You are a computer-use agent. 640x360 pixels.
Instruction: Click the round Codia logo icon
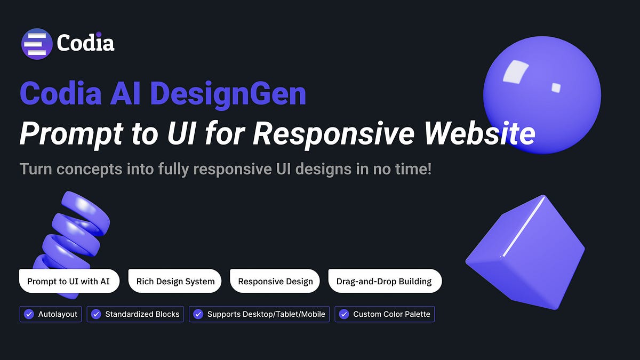(x=37, y=44)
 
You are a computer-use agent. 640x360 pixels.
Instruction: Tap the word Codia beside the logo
(x=85, y=43)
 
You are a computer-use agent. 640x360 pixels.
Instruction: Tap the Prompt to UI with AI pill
(x=69, y=281)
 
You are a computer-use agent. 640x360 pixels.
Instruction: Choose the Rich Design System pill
(x=175, y=281)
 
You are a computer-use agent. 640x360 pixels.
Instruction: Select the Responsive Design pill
(x=275, y=281)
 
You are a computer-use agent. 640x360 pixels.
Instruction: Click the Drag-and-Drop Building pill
(x=385, y=281)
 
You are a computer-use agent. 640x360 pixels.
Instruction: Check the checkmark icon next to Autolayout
(x=29, y=314)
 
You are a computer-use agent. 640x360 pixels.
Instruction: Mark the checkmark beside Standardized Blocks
(x=96, y=314)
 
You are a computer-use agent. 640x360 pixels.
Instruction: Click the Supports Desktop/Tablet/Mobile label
(x=266, y=314)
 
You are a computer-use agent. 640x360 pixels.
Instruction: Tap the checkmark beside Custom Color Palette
(x=344, y=314)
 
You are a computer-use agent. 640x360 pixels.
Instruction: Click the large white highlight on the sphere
(x=514, y=72)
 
